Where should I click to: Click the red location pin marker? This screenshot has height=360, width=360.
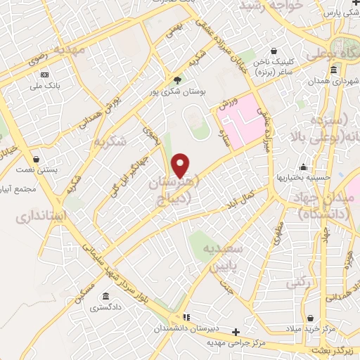point(181,166)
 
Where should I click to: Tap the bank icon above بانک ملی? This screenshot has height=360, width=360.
point(45,75)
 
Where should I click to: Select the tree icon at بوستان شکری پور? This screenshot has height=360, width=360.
point(177,81)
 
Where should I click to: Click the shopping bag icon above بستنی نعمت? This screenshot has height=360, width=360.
point(36,160)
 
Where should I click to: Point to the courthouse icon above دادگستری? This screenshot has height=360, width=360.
point(106,296)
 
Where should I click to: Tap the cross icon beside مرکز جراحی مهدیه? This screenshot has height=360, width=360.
point(236,332)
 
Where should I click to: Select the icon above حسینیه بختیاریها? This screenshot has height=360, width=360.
point(304,167)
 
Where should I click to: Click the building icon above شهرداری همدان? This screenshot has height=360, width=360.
point(333,70)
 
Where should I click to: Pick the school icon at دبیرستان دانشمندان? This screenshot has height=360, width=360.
point(186,317)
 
